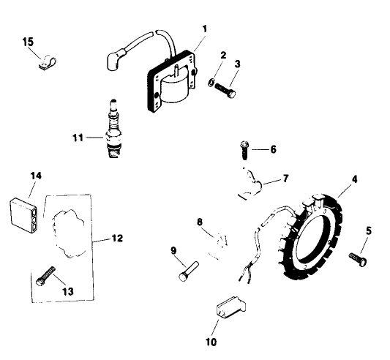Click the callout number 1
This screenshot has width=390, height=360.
pos(205,29)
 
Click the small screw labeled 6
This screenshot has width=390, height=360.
pos(242,150)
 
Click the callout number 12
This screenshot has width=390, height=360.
pos(117,239)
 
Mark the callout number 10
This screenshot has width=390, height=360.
pos(211,341)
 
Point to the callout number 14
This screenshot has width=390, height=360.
pos(35,175)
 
